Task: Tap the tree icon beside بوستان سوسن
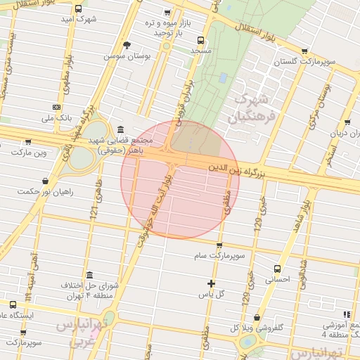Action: [x=127, y=45]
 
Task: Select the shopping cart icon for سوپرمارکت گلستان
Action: [x=304, y=51]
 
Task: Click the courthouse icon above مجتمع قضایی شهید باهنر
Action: [x=121, y=130]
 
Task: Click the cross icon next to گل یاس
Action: [x=211, y=283]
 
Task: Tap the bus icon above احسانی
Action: [x=277, y=269]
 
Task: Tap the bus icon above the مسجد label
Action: [x=201, y=40]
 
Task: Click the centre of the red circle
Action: [x=180, y=180]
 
